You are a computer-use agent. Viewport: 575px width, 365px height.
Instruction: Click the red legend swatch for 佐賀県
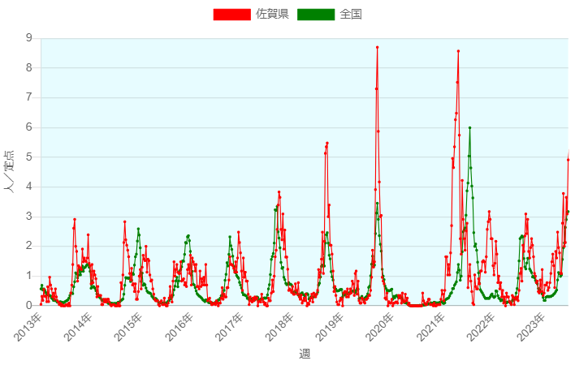pyautogui.click(x=231, y=15)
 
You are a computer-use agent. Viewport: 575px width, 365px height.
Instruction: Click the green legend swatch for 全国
pyautogui.click(x=316, y=15)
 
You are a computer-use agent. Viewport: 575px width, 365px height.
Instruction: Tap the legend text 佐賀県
pyautogui.click(x=272, y=15)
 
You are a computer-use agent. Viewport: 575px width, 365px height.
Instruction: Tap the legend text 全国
pyautogui.click(x=351, y=15)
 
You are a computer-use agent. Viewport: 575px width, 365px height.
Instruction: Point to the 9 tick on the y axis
pyautogui.click(x=29, y=38)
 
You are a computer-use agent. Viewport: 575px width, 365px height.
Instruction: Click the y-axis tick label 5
pyautogui.click(x=29, y=157)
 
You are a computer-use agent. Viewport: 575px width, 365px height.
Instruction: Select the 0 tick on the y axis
pyautogui.click(x=29, y=305)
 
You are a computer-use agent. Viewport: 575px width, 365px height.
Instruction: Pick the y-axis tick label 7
pyautogui.click(x=29, y=97)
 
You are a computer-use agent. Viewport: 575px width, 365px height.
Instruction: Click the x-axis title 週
pyautogui.click(x=305, y=354)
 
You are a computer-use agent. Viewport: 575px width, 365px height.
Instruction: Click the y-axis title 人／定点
pyautogui.click(x=11, y=171)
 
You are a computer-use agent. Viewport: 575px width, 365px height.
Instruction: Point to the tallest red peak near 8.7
pyautogui.click(x=377, y=48)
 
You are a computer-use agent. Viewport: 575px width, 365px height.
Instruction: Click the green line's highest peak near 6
pyautogui.click(x=469, y=127)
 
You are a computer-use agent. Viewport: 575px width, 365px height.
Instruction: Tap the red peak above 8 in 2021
pyautogui.click(x=458, y=51)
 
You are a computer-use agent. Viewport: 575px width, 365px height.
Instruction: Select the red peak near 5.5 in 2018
pyautogui.click(x=327, y=143)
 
